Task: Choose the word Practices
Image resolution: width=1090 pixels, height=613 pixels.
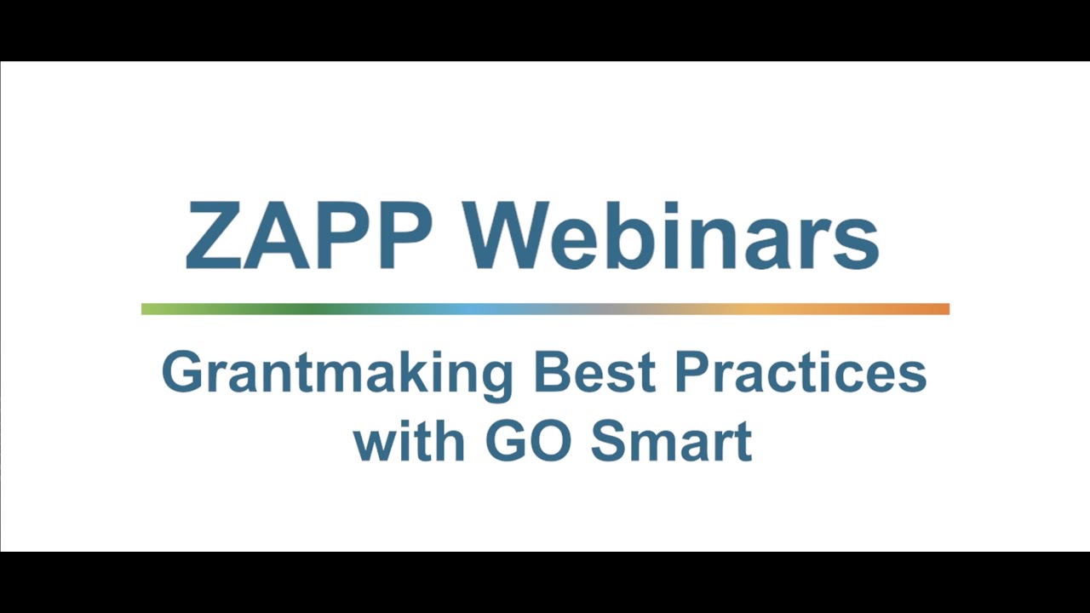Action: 800,372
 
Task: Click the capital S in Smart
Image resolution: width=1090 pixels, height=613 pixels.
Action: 609,440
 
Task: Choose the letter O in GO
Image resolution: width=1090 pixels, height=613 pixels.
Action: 551,440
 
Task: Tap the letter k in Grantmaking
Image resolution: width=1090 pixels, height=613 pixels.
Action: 398,372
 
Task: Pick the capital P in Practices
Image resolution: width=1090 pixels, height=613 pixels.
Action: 691,372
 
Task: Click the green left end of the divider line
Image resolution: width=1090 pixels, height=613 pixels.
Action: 153,309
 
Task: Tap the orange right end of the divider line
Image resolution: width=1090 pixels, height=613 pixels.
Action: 937,309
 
